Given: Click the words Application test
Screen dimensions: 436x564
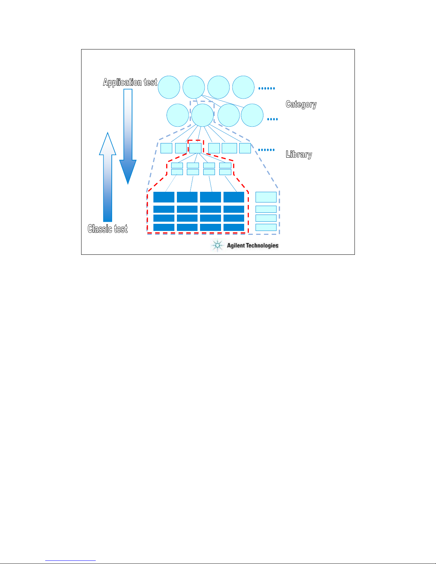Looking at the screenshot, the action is [x=130, y=82].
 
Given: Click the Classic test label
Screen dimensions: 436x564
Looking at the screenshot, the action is [x=107, y=229].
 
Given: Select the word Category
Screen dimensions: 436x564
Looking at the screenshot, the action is [x=301, y=104].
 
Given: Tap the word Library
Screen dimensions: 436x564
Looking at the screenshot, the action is [x=299, y=154].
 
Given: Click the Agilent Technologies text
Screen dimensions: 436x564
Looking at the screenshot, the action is [x=252, y=246].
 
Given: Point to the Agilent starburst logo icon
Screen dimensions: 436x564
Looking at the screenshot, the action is [x=217, y=245].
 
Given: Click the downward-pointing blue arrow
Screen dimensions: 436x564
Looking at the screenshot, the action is [x=128, y=137].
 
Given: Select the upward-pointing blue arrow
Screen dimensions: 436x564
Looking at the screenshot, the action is [x=108, y=177].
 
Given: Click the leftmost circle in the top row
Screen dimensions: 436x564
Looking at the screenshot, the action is [x=169, y=87].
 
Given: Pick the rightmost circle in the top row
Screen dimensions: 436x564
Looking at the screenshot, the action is [x=243, y=87].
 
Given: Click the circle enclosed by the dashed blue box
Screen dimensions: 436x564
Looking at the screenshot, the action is [x=203, y=115].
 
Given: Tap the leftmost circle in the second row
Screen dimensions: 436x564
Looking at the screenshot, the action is [x=178, y=115].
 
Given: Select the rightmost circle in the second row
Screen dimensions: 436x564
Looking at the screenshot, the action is [x=252, y=115].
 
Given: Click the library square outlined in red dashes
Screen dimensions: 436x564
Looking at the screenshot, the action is [x=195, y=148].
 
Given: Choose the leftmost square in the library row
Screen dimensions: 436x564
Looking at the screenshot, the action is [x=166, y=148].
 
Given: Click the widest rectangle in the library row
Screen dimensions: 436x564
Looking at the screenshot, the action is [x=230, y=148].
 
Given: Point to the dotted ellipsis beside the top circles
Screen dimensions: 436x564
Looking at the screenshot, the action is [x=267, y=89].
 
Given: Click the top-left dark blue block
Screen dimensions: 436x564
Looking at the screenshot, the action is [x=164, y=197].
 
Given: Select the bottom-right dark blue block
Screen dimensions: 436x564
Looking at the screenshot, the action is [x=234, y=227].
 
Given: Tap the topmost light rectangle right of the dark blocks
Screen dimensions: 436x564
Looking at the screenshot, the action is [x=266, y=197].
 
